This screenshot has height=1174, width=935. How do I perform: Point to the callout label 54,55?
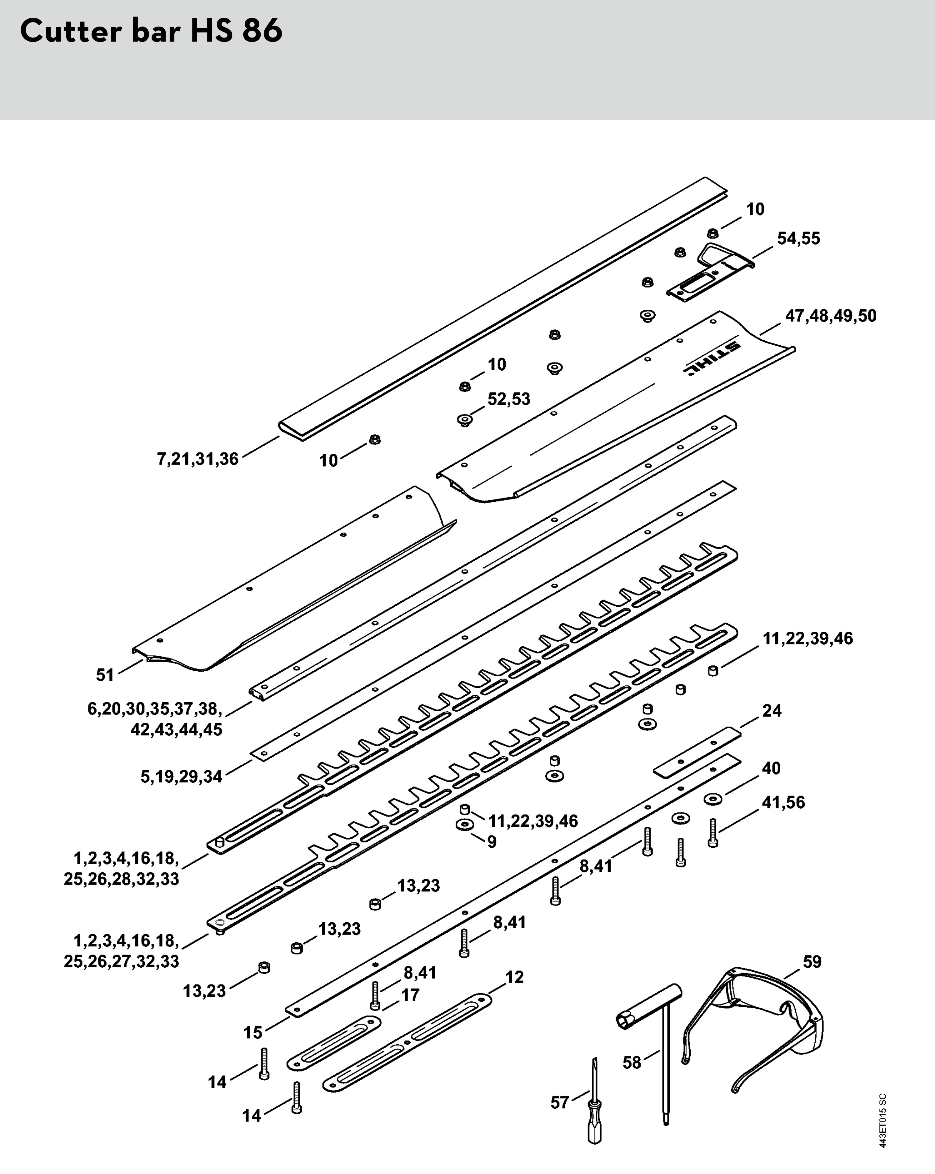tap(798, 239)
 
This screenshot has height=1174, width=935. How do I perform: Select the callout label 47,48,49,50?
tap(830, 316)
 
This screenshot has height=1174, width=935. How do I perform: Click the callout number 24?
tap(772, 711)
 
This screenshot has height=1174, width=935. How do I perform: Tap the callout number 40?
tap(771, 768)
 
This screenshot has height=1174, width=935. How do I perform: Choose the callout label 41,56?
tap(783, 802)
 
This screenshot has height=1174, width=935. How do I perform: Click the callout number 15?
tap(253, 1033)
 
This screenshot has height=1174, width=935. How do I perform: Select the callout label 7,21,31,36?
tap(198, 459)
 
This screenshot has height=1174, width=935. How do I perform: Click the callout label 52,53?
tap(508, 399)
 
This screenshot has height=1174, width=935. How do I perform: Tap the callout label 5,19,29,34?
tap(182, 777)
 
